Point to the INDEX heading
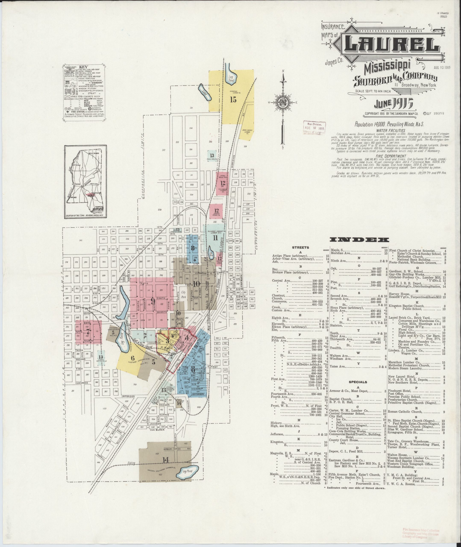point(359,240)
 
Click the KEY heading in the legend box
point(84,67)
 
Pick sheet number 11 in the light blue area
point(215,238)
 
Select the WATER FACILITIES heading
point(391,130)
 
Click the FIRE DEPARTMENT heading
point(391,155)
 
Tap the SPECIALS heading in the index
point(358,382)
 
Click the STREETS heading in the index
point(301,247)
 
